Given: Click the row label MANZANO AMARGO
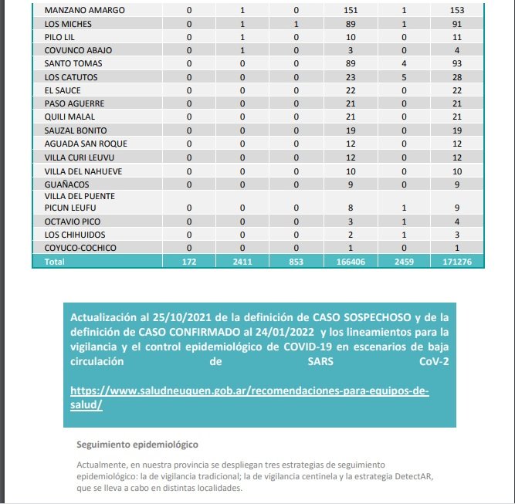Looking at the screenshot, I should click(85, 11).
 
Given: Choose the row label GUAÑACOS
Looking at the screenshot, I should click(67, 184).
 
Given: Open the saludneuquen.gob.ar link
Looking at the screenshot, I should click(249, 391).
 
